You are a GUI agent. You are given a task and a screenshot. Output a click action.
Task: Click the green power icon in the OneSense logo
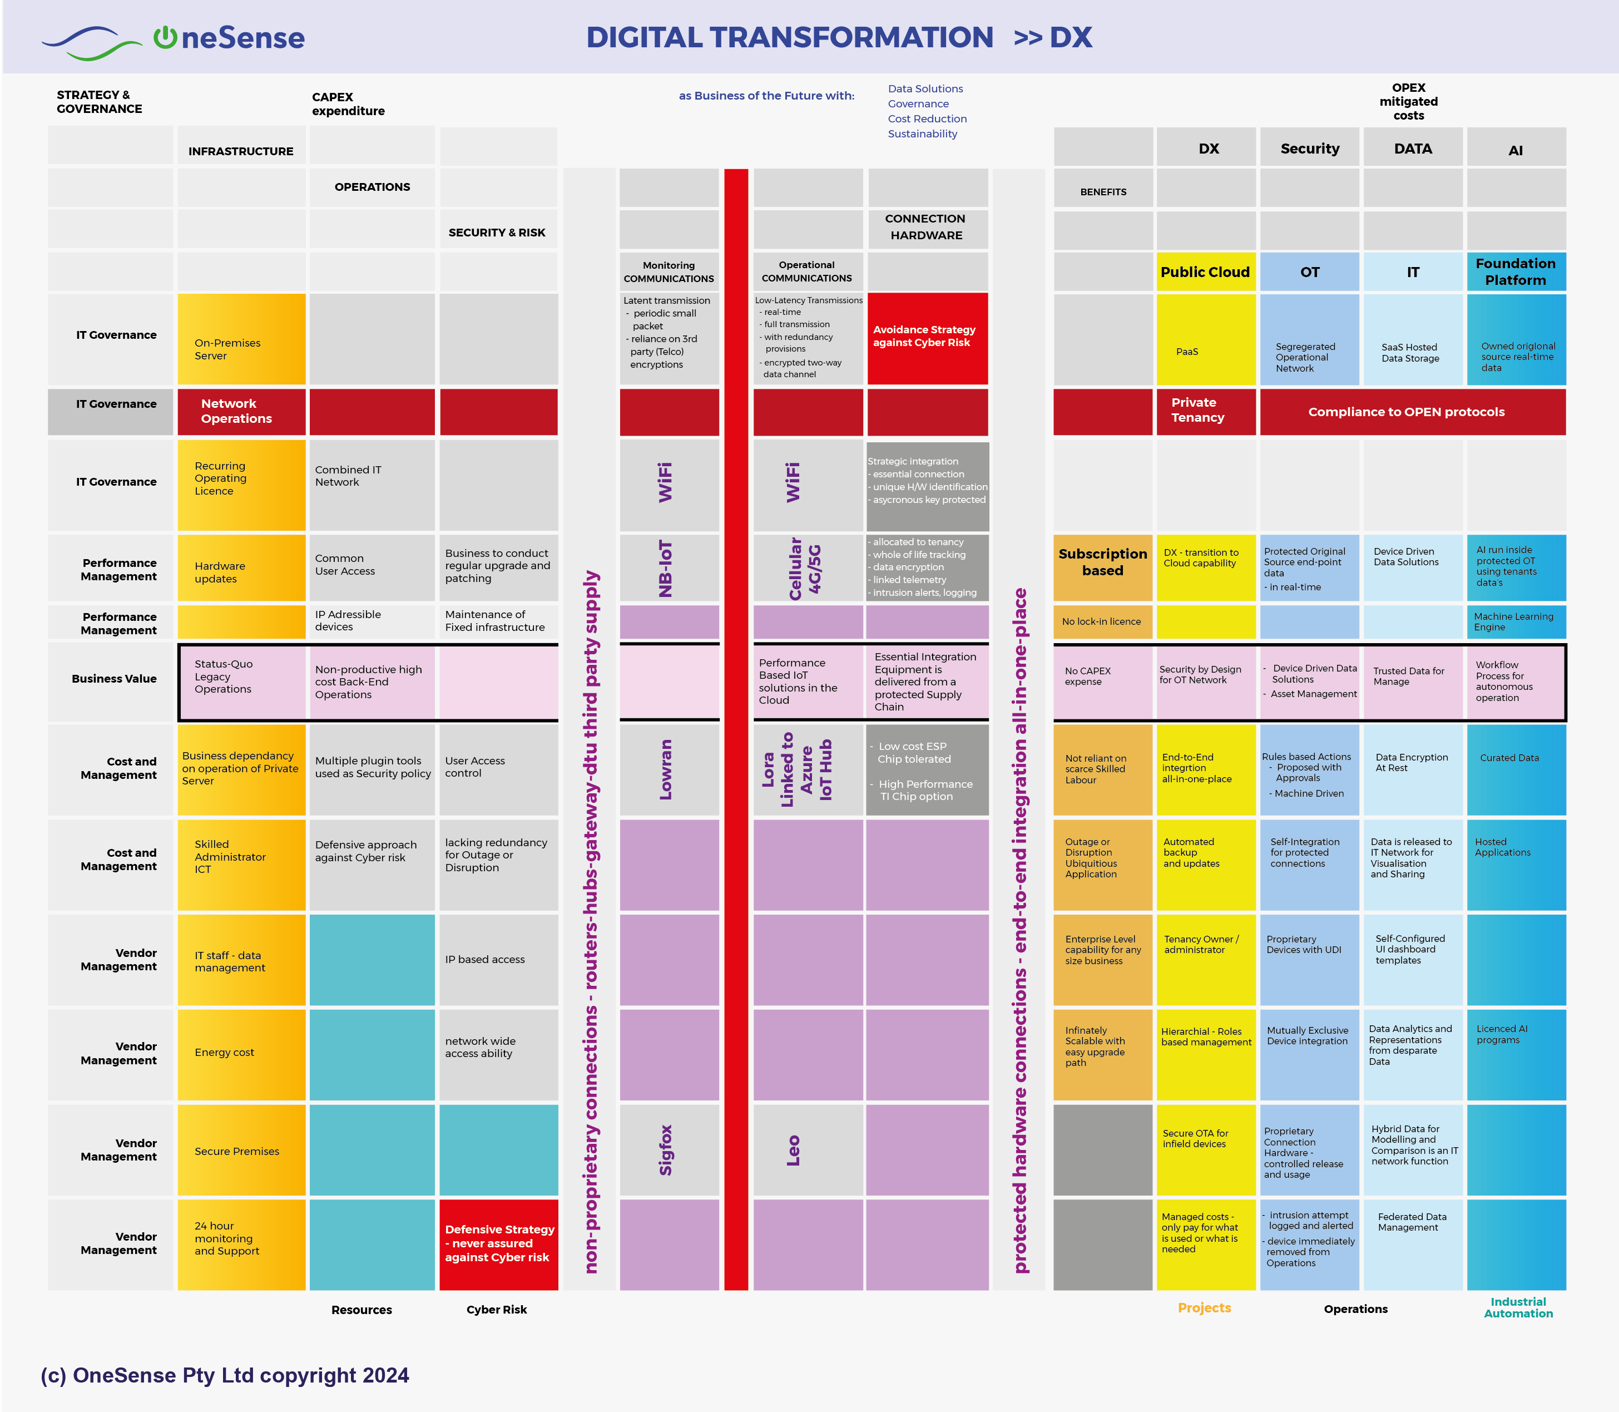[165, 37]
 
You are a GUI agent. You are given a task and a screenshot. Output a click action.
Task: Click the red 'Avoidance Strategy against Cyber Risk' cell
[927, 337]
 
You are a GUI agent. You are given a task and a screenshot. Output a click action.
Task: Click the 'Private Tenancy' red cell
[1205, 411]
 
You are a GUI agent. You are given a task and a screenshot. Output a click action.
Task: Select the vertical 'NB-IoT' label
[666, 567]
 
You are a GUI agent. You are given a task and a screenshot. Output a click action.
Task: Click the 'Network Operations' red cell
[241, 411]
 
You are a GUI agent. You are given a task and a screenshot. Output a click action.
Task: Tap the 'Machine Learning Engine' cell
[1515, 621]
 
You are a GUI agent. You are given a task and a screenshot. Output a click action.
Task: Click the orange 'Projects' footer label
[1204, 1308]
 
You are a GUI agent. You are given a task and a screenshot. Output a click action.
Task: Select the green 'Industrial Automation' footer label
[1518, 1307]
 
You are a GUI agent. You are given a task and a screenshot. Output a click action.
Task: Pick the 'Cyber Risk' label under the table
[496, 1310]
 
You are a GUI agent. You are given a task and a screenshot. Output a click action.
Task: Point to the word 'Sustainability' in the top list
[923, 134]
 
